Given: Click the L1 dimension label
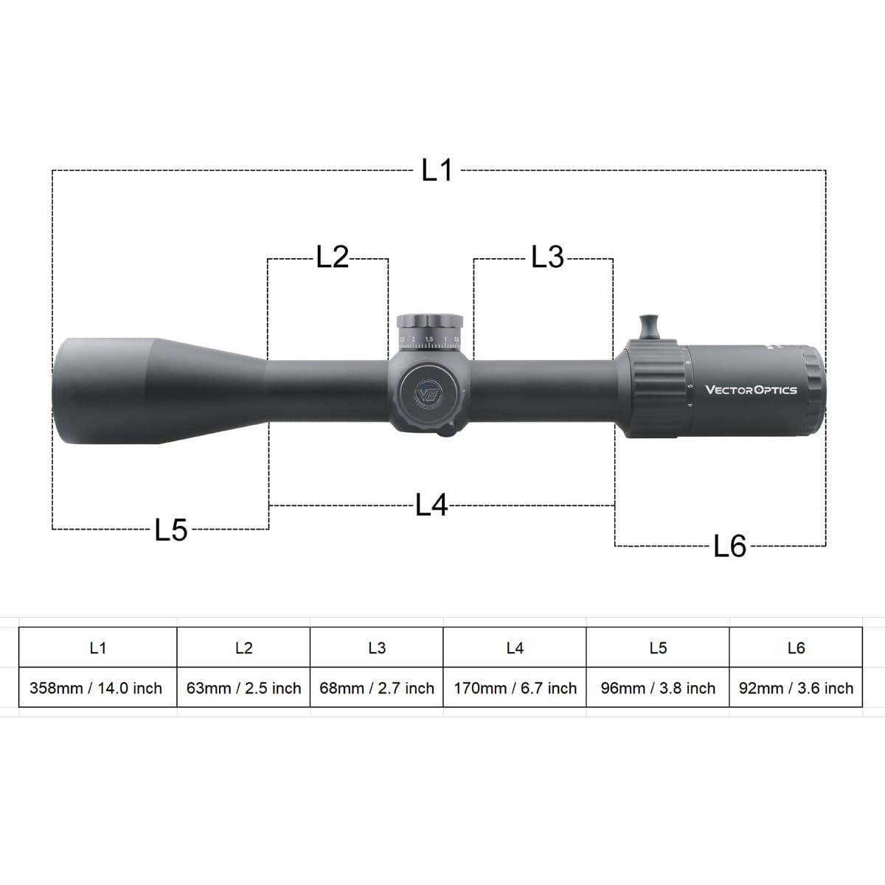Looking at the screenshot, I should (x=437, y=171).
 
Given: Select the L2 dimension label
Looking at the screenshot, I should (x=332, y=257).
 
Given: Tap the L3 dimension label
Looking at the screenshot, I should (x=547, y=257).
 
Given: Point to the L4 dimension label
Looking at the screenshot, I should (x=431, y=506).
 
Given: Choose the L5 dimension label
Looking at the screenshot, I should (x=171, y=530).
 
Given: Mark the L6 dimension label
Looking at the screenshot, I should (x=730, y=546).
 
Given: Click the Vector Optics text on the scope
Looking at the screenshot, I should (x=751, y=390).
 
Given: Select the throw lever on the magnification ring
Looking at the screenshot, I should (x=650, y=326).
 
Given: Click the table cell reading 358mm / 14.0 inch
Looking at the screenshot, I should (x=96, y=688).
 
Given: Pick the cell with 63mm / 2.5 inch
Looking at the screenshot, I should (x=243, y=688).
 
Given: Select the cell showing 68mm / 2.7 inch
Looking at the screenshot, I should (x=377, y=688).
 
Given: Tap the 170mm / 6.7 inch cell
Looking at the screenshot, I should (x=515, y=688).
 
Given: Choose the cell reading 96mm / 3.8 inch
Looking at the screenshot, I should (x=658, y=688).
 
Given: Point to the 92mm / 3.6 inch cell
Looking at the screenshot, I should (x=796, y=688).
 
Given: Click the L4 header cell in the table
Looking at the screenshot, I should (x=515, y=648).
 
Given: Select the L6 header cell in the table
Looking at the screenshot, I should (x=796, y=648).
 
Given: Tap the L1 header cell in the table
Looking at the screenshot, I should (x=97, y=648).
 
